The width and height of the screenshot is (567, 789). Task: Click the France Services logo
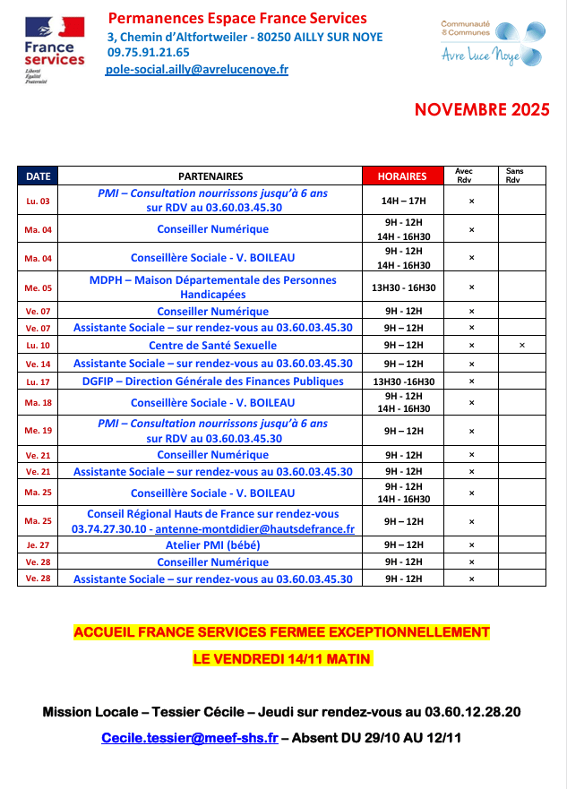(x=54, y=45)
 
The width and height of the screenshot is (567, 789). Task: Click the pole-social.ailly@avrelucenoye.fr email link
(x=197, y=69)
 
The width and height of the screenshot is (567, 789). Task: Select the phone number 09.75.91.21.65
(x=148, y=53)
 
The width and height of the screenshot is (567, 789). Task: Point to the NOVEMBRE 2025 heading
(x=481, y=110)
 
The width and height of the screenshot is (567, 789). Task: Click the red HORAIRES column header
(x=401, y=176)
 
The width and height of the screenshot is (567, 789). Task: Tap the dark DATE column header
(x=38, y=176)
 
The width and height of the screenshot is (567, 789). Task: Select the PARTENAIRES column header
(x=210, y=176)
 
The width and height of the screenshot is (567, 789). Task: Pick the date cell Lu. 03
(x=38, y=202)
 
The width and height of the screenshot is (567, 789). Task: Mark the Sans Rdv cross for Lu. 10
(x=521, y=345)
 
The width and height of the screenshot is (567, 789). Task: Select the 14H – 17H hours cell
(x=402, y=202)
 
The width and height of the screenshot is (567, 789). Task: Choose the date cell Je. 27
(x=38, y=545)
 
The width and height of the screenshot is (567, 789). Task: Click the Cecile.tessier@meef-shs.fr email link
(x=189, y=739)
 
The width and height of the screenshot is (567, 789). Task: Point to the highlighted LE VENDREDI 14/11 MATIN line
(x=282, y=658)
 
